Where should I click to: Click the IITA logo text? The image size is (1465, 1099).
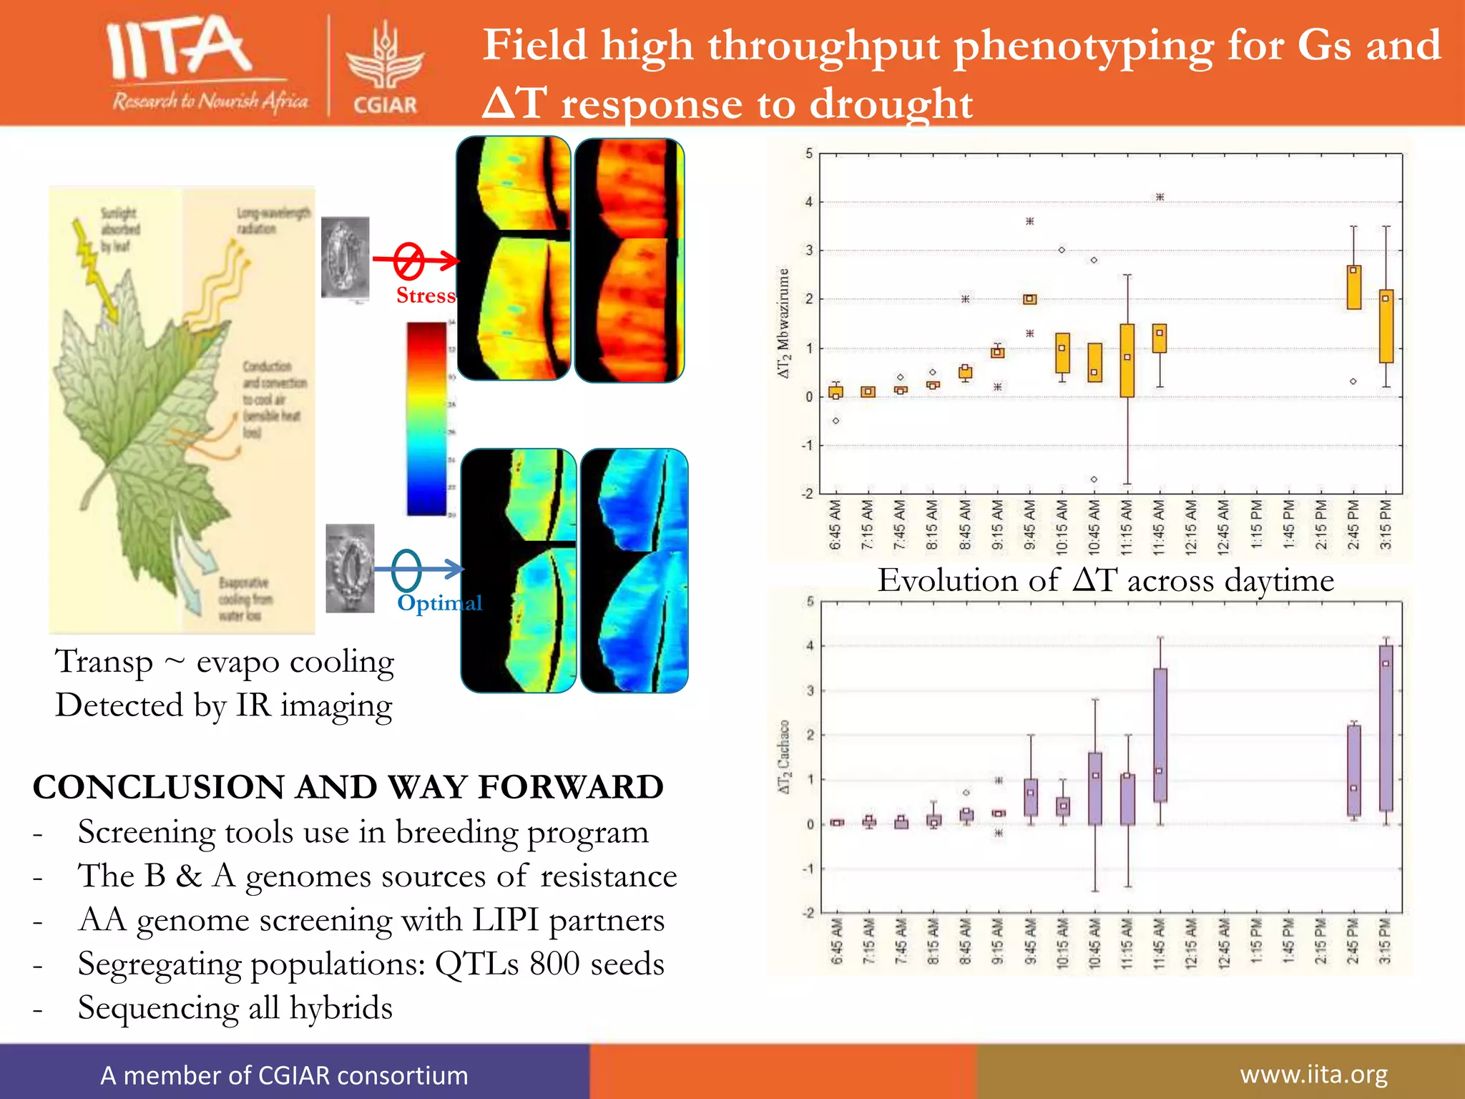tap(179, 49)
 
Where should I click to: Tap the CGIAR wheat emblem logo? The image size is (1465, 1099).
tap(385, 63)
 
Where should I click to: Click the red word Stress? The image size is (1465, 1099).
tap(426, 295)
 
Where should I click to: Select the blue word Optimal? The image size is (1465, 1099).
tap(439, 602)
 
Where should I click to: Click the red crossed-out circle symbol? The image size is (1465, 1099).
tap(409, 260)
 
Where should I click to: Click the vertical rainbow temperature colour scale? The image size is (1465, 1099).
tap(426, 419)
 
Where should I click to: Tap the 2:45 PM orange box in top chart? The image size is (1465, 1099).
tap(1353, 288)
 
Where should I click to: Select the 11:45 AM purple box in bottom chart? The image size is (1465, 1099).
tap(1160, 735)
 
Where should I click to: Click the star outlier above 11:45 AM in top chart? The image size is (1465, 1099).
tap(1160, 197)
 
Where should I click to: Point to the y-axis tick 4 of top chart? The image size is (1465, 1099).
tap(809, 202)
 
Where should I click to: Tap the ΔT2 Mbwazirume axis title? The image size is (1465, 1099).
tap(784, 323)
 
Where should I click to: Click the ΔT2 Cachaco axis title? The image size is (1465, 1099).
tap(785, 757)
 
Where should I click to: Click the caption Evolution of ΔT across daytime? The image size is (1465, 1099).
tap(1105, 580)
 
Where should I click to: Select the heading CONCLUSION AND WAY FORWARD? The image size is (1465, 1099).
tap(348, 787)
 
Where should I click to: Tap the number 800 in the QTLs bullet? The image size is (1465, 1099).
tap(554, 964)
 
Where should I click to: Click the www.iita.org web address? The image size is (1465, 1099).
tap(1313, 1074)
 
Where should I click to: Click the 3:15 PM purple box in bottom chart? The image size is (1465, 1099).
tap(1386, 728)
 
